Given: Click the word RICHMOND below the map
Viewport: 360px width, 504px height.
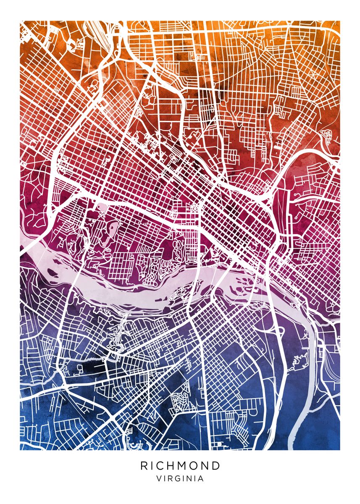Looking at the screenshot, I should coord(180,466).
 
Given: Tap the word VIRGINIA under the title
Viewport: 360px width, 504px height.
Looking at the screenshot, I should coord(180,478).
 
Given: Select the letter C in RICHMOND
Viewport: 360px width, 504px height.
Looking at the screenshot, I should coord(156,466).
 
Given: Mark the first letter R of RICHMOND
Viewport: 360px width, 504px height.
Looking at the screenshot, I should coord(144,466).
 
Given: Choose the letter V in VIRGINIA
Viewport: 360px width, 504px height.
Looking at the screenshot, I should coord(158,478).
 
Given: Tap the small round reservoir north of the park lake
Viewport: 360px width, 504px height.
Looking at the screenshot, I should coord(102,207).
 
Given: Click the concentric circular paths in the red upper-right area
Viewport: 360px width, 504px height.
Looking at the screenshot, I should coord(327,135).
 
